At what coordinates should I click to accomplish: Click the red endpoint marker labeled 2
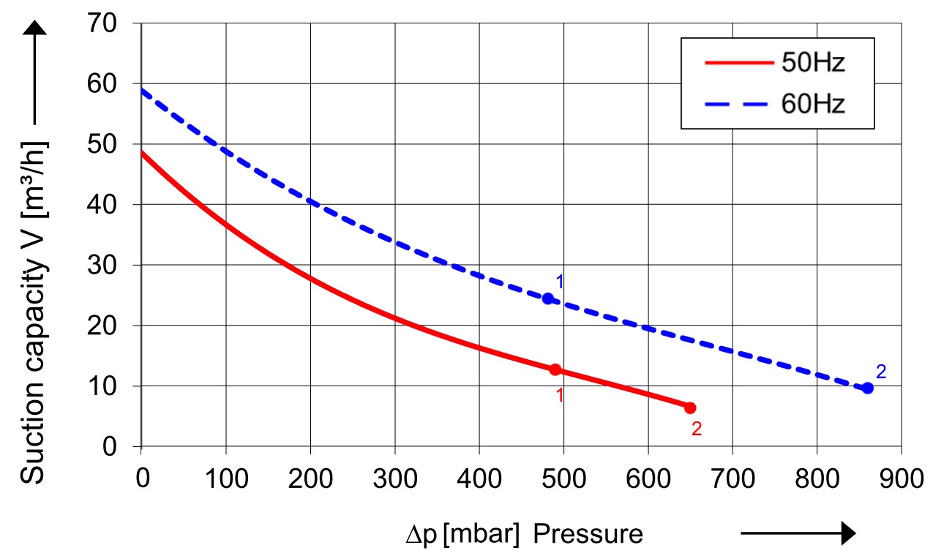coord(690,407)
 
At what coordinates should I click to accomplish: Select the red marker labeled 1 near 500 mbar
coord(555,369)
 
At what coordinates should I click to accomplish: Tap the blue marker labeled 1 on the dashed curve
coord(548,298)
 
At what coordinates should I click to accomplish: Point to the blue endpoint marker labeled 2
coord(868,388)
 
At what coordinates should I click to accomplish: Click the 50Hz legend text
coord(813,63)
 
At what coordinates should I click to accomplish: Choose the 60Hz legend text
coord(813,104)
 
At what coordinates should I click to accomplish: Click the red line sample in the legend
coord(739,63)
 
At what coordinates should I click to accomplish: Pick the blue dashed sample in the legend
coord(736,104)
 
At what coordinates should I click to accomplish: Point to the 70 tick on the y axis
coord(102,23)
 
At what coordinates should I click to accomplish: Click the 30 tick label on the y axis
coord(102,265)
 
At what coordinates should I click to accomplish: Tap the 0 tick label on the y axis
coord(109,447)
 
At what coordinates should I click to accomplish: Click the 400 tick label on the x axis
coord(479,478)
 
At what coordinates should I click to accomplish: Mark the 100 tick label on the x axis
coord(227,478)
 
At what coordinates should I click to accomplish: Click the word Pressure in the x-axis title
coord(588,534)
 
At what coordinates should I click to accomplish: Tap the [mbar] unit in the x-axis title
coord(482,535)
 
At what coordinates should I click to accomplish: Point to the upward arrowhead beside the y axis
coord(34,28)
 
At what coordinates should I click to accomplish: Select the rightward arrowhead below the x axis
coord(848,533)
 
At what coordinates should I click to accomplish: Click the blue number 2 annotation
coord(881,372)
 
